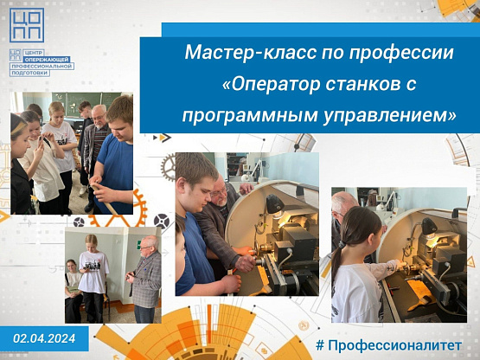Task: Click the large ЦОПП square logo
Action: coord(27,25)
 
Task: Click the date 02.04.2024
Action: coord(44,338)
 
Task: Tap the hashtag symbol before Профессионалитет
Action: coord(320,345)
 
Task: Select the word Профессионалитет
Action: coord(395,345)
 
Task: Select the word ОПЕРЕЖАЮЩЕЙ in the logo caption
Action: coord(48,60)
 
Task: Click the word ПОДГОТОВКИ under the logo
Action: coord(29,73)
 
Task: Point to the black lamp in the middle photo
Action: coord(274,203)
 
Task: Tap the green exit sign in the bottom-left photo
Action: coord(139,245)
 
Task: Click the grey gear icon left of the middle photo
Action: coord(168,167)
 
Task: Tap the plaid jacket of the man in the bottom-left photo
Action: coord(147,280)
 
